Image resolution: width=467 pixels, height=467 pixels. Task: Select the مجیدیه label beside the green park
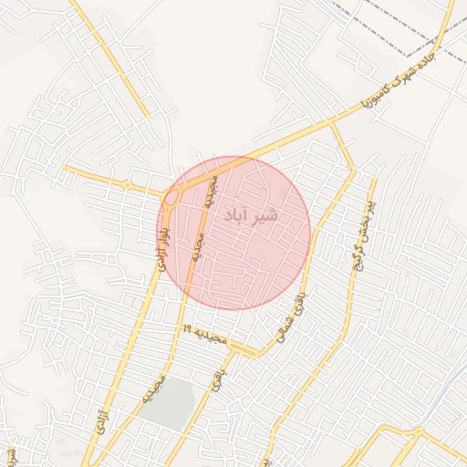pos(151,389)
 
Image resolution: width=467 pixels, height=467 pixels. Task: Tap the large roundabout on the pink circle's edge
pos(171,196)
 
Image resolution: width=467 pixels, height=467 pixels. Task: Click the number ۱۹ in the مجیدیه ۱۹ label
pos(186,327)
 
